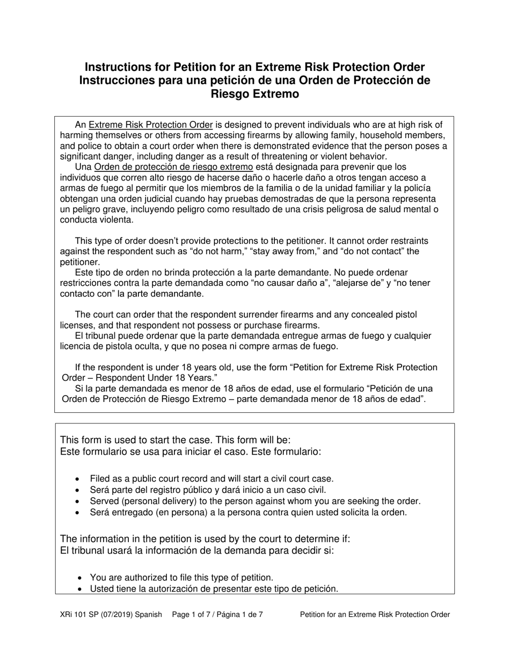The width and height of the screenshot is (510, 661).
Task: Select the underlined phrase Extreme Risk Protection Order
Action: click(150, 125)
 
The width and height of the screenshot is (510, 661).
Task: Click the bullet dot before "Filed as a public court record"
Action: click(79, 479)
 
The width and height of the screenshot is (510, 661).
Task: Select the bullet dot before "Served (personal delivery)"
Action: click(79, 501)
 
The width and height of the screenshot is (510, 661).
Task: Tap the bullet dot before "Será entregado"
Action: click(79, 513)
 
